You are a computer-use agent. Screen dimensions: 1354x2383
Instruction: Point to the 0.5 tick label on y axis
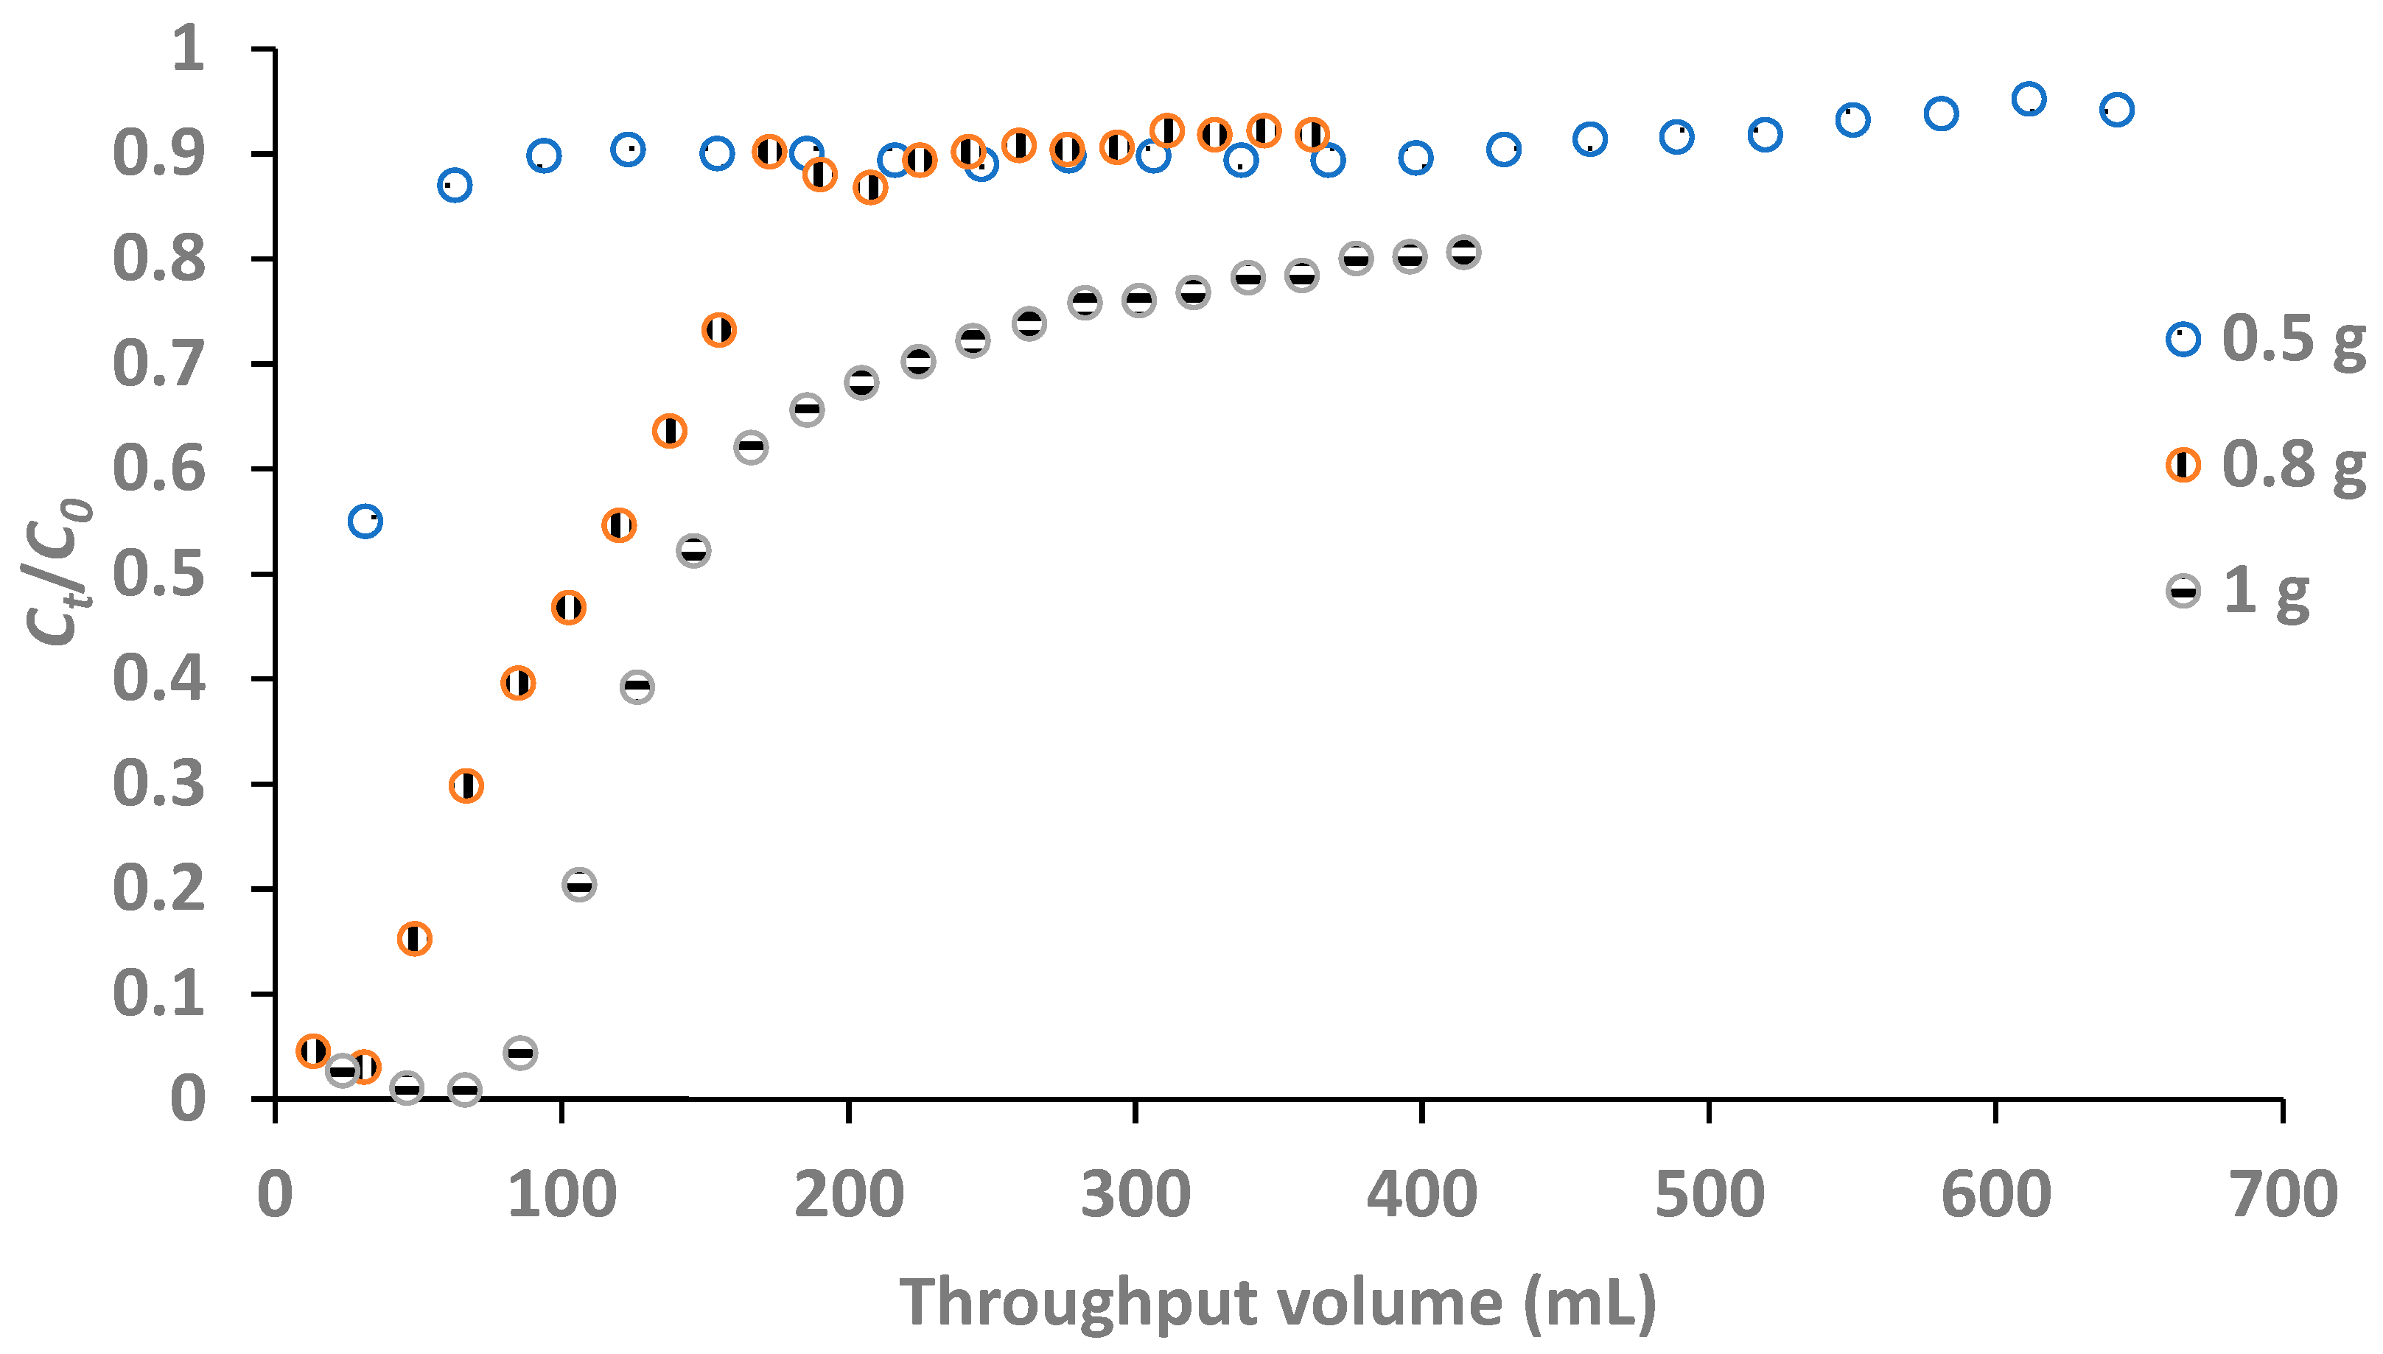(158, 574)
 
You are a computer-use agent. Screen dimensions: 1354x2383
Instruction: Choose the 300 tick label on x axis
(1135, 1195)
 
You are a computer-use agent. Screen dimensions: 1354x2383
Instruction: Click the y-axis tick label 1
(188, 49)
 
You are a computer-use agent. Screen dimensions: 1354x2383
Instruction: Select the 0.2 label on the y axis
(158, 889)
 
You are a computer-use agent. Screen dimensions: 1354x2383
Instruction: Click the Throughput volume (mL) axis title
(1277, 1301)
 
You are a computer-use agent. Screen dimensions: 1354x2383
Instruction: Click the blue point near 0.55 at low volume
(365, 522)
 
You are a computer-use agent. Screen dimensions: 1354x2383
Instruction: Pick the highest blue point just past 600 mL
(2028, 99)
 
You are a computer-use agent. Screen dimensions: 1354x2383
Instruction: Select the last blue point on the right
(2116, 110)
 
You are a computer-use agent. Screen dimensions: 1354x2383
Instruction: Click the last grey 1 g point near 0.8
(1463, 253)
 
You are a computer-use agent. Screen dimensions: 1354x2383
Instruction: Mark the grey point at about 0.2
(578, 885)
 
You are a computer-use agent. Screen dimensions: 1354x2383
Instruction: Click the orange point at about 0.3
(465, 786)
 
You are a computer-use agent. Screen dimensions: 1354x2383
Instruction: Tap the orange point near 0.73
(718, 330)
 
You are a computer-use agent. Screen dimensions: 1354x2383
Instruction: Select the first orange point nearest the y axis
(312, 1050)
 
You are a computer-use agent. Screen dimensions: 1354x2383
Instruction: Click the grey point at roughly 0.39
(636, 687)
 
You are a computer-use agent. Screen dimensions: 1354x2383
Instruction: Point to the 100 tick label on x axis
(561, 1195)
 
